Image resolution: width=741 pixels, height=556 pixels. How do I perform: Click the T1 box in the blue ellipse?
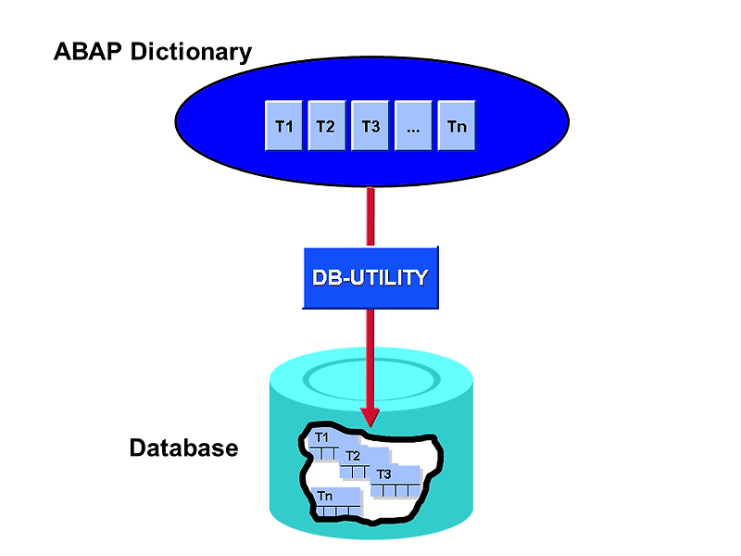(x=284, y=126)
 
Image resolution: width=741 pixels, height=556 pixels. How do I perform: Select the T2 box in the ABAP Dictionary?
(x=326, y=126)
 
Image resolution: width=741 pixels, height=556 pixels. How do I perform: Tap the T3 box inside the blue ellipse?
(x=370, y=126)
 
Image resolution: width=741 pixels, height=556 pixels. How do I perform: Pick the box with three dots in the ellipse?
(x=413, y=126)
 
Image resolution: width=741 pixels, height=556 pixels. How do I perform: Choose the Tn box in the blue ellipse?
(x=457, y=126)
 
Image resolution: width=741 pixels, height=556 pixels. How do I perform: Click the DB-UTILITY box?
(x=370, y=277)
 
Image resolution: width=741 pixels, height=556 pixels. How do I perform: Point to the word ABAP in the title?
(x=90, y=52)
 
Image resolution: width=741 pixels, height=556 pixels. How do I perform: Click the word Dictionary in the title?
(x=191, y=52)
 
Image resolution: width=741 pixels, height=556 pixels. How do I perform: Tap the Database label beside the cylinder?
(x=183, y=449)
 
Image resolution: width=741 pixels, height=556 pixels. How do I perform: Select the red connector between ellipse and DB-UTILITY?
(x=370, y=217)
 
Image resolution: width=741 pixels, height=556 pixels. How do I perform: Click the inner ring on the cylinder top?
(x=370, y=376)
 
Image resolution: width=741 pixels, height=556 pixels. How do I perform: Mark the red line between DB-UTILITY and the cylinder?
(x=370, y=352)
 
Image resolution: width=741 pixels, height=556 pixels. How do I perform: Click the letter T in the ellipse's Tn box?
(x=452, y=126)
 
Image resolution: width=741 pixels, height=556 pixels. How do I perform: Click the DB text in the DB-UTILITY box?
(x=326, y=277)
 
